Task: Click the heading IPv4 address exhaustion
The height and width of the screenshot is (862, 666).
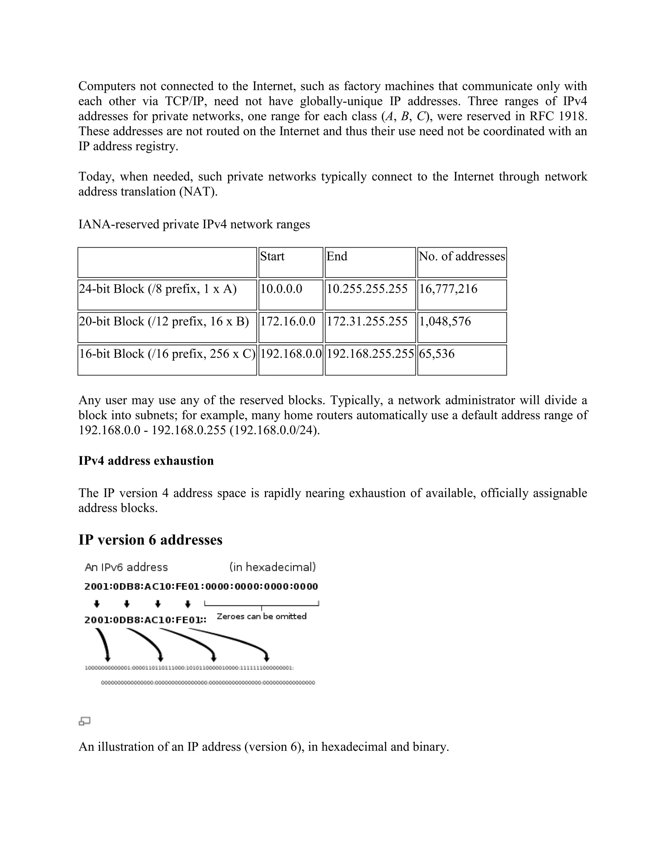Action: (x=146, y=461)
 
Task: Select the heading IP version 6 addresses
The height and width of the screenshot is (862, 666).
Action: (x=150, y=540)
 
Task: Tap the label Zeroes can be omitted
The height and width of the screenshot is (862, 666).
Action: (x=261, y=616)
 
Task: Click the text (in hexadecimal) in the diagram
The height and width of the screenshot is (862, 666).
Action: (x=273, y=567)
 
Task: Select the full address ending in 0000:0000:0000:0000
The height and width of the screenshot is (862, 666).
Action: (x=201, y=586)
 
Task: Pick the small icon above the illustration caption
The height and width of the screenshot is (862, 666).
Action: (x=85, y=721)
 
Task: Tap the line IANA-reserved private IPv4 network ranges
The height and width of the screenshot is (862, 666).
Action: (x=194, y=224)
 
